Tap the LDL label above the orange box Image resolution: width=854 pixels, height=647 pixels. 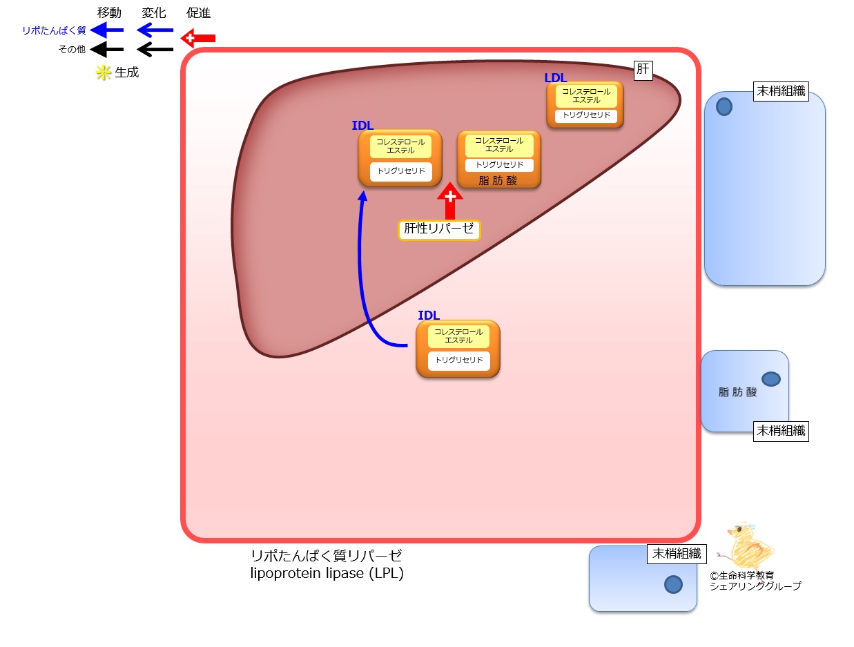coord(556,78)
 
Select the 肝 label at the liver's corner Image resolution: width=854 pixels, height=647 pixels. coord(643,70)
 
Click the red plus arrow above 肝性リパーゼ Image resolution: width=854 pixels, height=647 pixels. coord(450,201)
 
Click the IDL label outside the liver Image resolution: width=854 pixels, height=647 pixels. coord(428,315)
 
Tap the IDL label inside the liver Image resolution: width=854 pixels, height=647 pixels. coord(362,125)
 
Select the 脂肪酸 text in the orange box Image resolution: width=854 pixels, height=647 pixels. coord(498,180)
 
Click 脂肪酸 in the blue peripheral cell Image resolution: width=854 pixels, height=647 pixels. coord(737,392)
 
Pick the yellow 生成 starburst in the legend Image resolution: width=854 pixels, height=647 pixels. coord(104,73)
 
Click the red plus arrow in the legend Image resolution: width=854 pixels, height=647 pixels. coord(198,38)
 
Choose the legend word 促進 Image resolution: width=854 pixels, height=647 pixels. coord(198,13)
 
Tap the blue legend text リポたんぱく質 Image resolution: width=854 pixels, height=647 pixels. coord(54,30)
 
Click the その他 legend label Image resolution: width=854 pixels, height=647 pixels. coord(72,50)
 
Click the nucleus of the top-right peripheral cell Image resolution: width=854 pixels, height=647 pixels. coord(724,106)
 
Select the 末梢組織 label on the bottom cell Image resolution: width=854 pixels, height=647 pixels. coord(677,554)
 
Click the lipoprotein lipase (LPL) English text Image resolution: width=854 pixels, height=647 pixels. coord(327,573)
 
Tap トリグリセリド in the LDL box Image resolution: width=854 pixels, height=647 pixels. coord(586,115)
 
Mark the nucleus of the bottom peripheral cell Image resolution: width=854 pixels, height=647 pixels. coord(674,584)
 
